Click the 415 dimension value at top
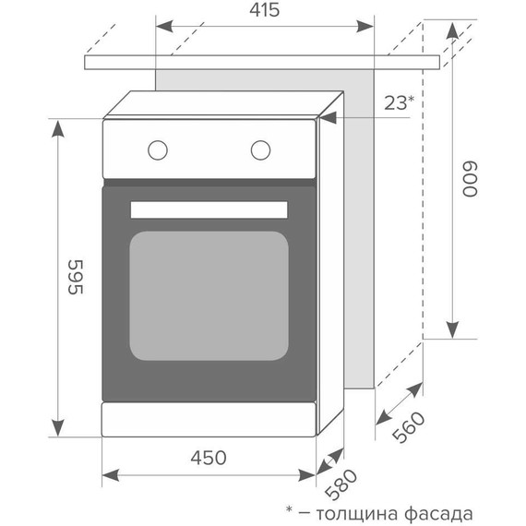[x=263, y=11]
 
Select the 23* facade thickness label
[x=398, y=102]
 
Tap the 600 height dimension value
[x=470, y=178]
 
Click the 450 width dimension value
[x=208, y=456]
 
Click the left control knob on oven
[x=158, y=148]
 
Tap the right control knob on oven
[x=261, y=148]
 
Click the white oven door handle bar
[x=209, y=209]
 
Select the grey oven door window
[x=209, y=295]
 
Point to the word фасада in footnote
[x=439, y=512]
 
